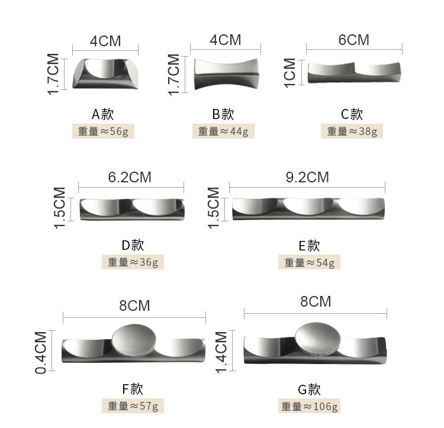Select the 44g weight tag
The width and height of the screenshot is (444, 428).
[223, 131]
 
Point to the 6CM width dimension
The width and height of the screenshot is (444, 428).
[353, 40]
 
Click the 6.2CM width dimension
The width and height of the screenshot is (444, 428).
[130, 177]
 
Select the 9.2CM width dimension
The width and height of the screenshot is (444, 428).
[307, 177]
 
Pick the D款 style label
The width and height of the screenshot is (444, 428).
[132, 245]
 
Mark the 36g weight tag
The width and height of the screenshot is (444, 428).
[133, 262]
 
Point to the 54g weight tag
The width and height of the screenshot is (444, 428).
[309, 262]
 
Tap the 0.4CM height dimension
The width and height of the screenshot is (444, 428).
[41, 352]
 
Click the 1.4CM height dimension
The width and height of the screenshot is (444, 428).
[221, 352]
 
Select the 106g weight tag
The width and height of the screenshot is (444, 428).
[310, 406]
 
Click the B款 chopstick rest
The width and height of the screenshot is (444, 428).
[227, 73]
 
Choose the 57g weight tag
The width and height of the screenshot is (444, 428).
[133, 406]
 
